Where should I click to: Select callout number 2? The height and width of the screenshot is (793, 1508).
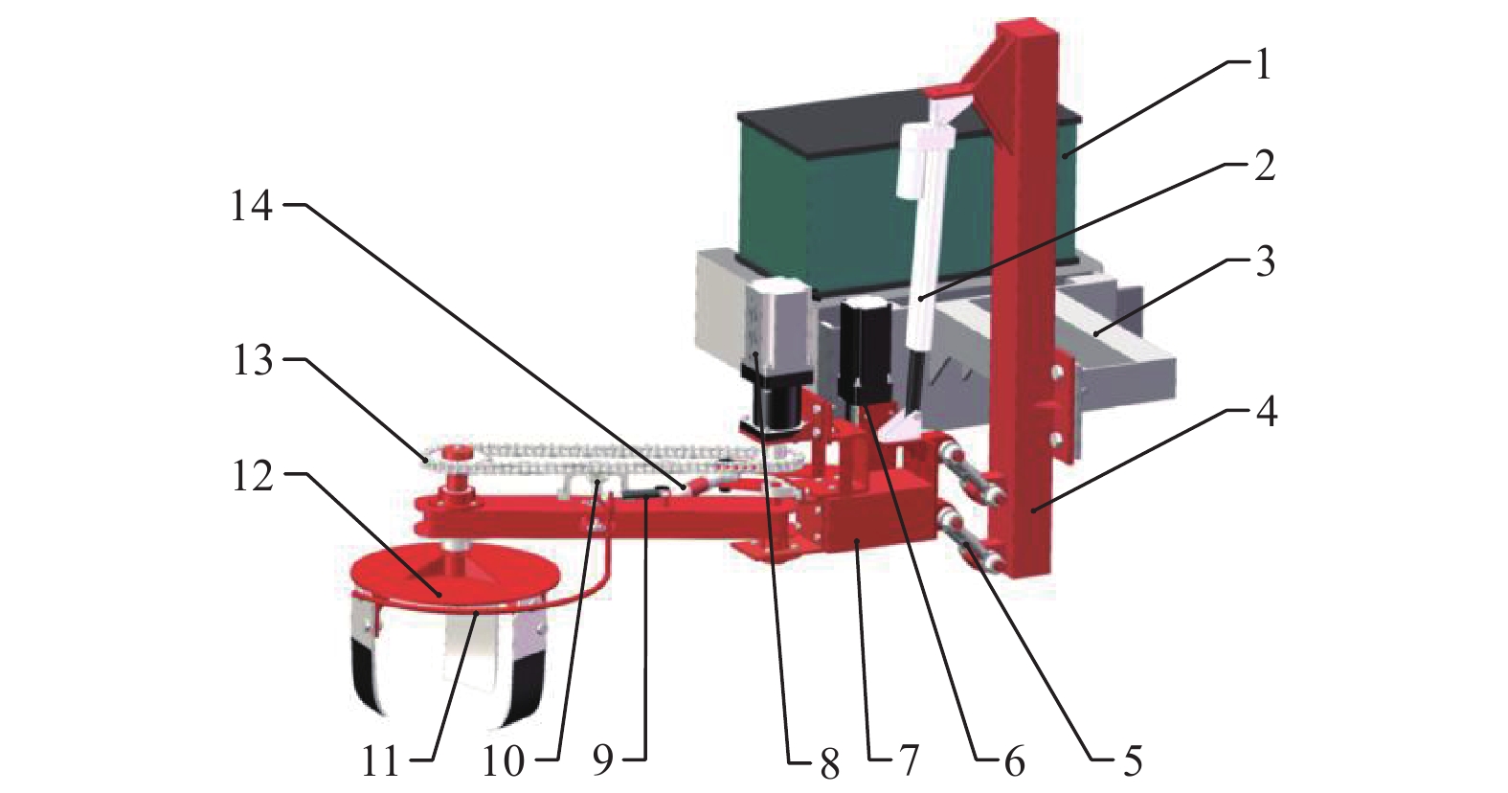(1264, 165)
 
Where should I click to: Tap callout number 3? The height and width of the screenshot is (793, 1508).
(1265, 262)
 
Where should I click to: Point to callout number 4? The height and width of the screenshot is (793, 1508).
(1267, 411)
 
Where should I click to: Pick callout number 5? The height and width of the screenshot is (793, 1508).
(1133, 760)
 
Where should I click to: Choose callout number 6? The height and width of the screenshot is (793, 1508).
(1013, 761)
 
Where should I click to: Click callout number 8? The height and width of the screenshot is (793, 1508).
(829, 762)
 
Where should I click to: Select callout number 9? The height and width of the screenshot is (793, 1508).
(603, 761)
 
